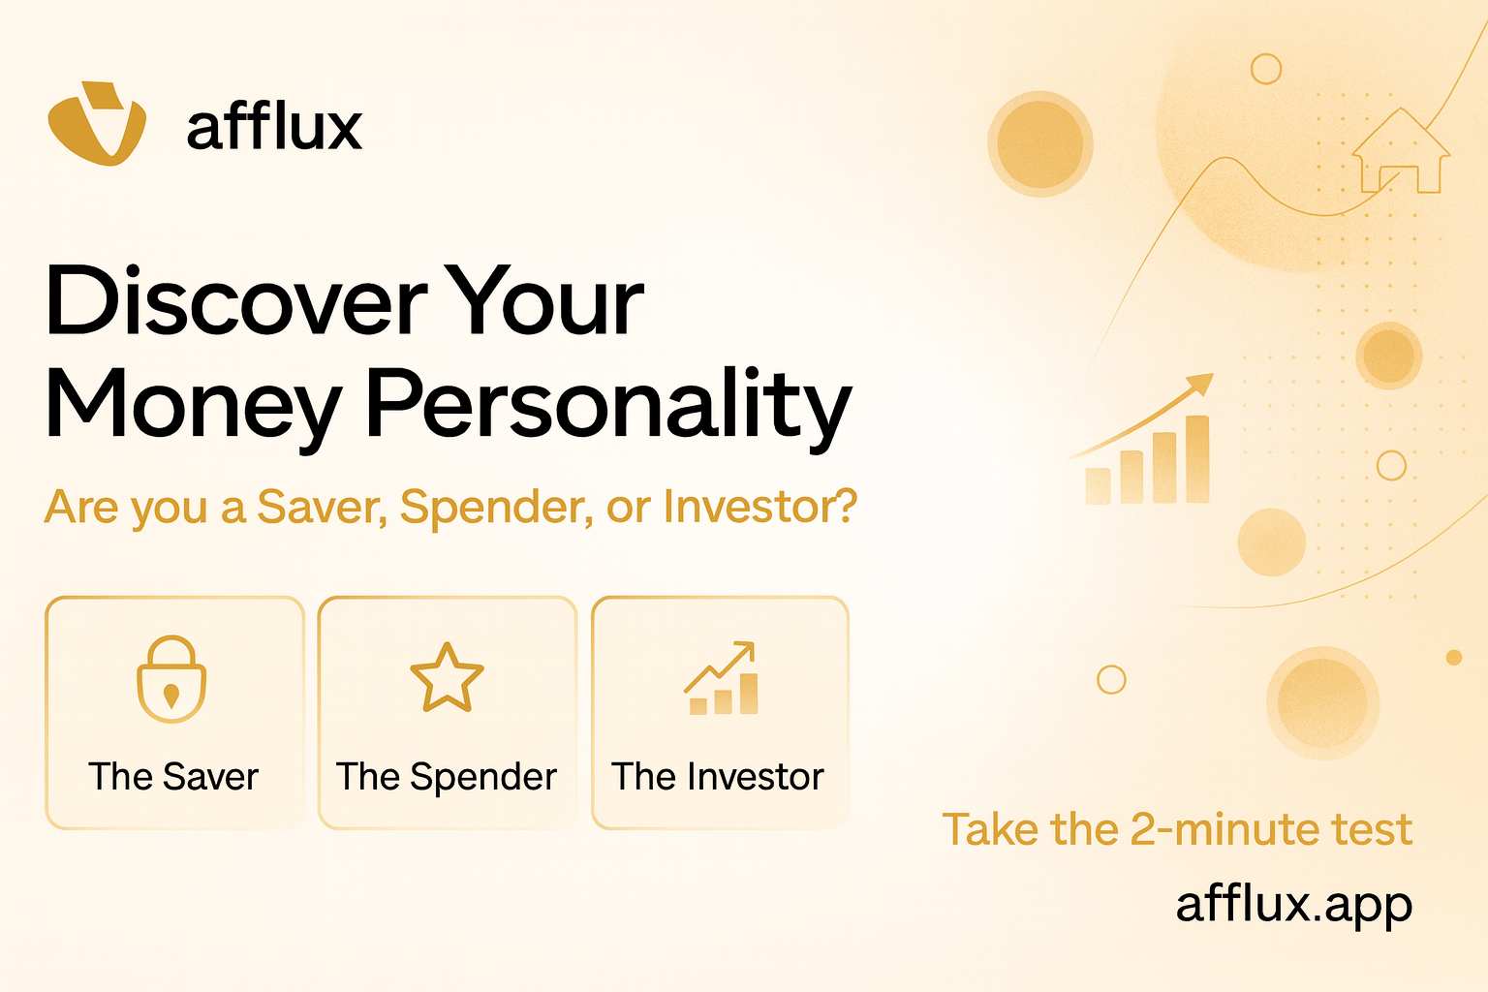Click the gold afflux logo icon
pos(97,124)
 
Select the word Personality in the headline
pos(608,405)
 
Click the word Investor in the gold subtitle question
pos(759,507)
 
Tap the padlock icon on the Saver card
pos(171,679)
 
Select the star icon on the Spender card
pos(447,678)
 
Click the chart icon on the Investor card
pos(722,678)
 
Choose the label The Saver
pos(173,776)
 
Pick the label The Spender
pos(447,777)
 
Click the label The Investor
pos(718,776)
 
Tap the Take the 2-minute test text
pos(1177,828)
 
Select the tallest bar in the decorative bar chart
pos(1197,459)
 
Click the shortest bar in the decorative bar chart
pos(1098,485)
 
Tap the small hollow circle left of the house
pos(1266,69)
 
